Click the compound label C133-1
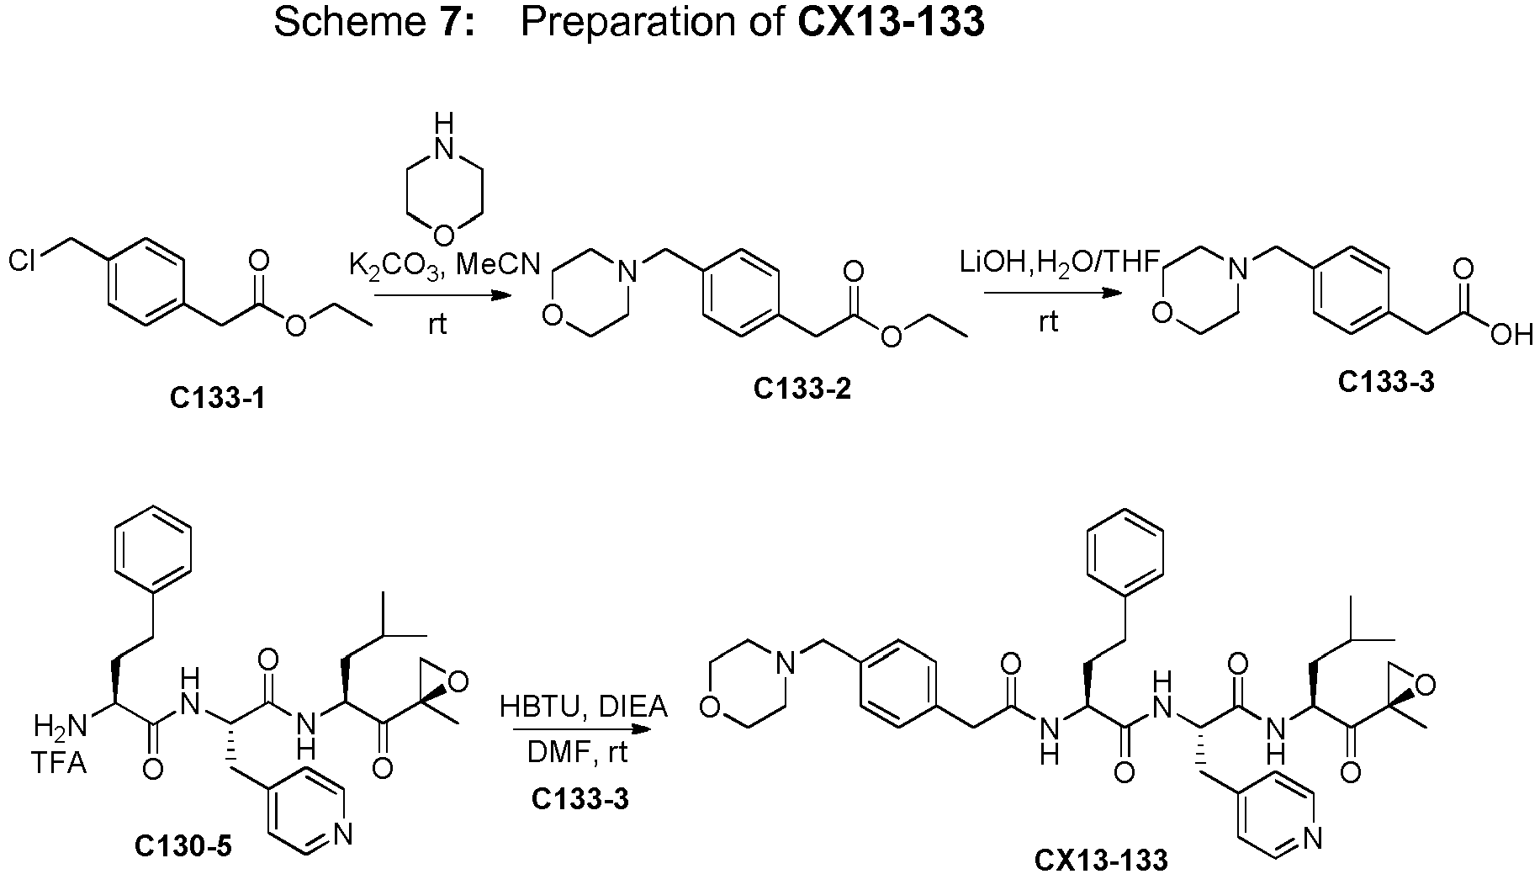coord(217,398)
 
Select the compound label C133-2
coord(802,389)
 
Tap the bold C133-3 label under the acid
coord(1386,382)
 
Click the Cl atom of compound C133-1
coord(22,261)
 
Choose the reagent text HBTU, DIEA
coord(584,707)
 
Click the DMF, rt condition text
coord(578,751)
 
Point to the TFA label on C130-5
coord(59,765)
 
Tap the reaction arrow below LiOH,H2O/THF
coord(1052,293)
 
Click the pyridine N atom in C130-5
coord(341,834)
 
